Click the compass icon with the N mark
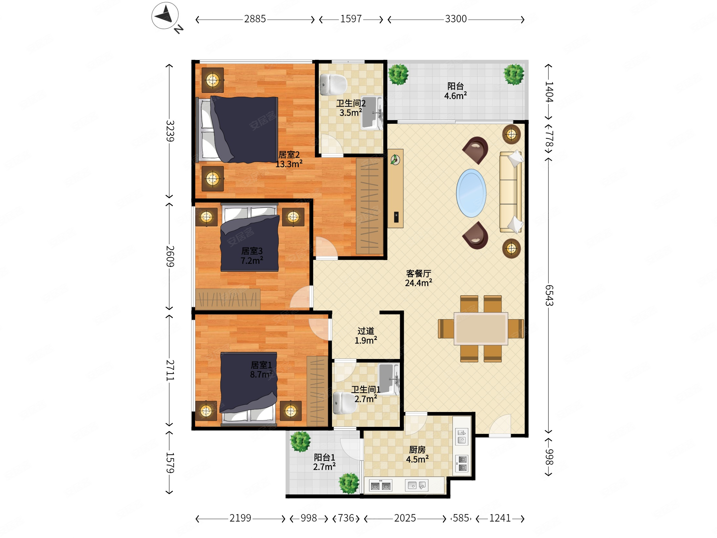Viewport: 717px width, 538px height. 165,16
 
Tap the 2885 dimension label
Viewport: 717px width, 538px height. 255,19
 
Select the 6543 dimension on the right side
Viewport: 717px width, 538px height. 549,295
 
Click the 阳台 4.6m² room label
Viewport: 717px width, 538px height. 455,91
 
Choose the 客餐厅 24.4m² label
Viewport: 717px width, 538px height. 419,278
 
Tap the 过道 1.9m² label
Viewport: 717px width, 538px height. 366,336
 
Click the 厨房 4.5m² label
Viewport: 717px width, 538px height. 417,455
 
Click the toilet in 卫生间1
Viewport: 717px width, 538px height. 345,403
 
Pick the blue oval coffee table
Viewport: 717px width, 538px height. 471,193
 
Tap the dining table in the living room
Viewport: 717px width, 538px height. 481,329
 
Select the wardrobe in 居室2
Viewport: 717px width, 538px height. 369,206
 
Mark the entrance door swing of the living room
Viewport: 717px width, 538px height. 500,425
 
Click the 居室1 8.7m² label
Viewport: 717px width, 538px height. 261,370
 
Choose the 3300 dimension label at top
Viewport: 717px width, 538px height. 456,19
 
